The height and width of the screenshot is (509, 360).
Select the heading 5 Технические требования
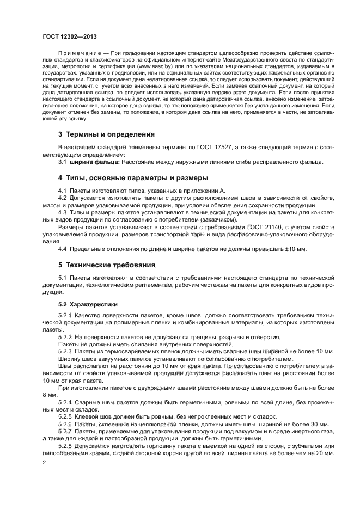107,266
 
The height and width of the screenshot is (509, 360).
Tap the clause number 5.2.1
65,316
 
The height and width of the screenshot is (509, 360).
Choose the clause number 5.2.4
65,402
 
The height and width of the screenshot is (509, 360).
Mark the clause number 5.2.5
65,416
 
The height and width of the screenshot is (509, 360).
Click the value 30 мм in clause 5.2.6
319,423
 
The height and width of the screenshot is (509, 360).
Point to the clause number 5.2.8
65,445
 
